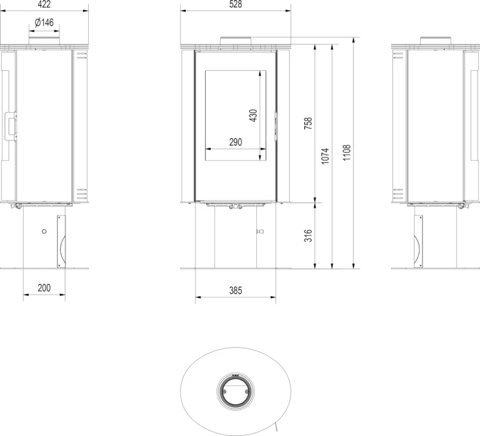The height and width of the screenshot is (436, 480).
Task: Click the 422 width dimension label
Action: coord(44,4)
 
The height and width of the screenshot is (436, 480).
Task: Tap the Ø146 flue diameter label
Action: coord(44,22)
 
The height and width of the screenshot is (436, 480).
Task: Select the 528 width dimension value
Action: coord(235,4)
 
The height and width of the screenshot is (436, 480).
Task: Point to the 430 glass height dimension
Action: coord(253,115)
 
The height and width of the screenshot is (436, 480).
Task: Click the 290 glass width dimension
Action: coord(235,142)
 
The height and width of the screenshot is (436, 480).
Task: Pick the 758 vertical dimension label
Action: coord(308,123)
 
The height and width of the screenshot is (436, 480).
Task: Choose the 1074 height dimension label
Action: coord(325,156)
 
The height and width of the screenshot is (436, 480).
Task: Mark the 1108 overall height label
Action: coord(346,153)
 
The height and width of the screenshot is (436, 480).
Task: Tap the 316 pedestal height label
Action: coord(308,235)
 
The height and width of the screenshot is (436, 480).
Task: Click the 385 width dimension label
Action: coord(235,291)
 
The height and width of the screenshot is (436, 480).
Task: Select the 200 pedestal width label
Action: coord(44,288)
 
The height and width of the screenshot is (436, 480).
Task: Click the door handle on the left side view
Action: coord(10,126)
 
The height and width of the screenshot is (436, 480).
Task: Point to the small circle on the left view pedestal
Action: coord(44,231)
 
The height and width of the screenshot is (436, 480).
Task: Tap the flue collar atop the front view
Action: coord(236,41)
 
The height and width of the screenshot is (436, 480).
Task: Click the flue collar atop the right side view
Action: coord(436,41)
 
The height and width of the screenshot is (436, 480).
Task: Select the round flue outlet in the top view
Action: coord(235,392)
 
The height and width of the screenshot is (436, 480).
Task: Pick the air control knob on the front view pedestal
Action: coord(260,231)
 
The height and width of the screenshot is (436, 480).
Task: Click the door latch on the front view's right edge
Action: coord(276,126)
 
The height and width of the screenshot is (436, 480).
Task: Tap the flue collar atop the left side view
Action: coord(44,41)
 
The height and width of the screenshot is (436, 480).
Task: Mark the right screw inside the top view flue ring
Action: coord(247,392)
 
